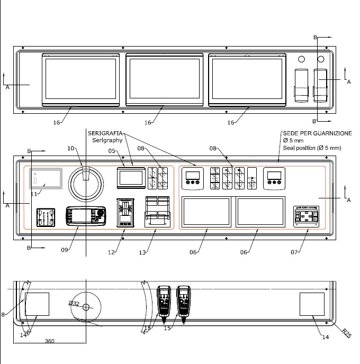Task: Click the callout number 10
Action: click(71, 149)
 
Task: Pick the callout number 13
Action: click(142, 253)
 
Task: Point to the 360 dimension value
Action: click(50, 341)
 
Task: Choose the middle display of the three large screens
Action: click(165, 79)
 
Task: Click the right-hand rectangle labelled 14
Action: click(312, 305)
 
